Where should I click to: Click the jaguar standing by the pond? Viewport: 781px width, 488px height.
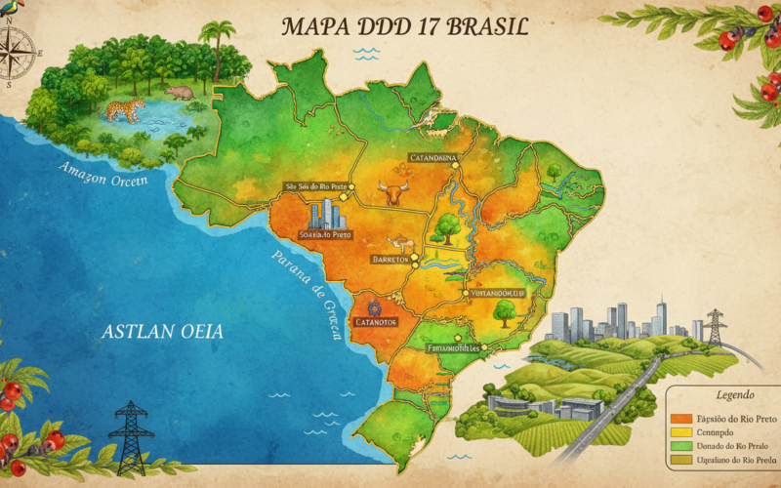[124, 108]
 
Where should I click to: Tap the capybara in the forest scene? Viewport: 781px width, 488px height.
[180, 93]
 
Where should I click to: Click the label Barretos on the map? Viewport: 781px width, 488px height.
[390, 259]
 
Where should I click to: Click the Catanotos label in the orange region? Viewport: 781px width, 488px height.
[377, 320]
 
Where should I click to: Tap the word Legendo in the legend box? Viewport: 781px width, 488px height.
[734, 396]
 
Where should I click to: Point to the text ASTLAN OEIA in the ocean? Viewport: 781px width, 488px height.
[162, 332]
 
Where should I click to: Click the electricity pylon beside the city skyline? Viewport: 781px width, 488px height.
[715, 327]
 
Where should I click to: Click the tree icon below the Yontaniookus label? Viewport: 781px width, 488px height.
[505, 311]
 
